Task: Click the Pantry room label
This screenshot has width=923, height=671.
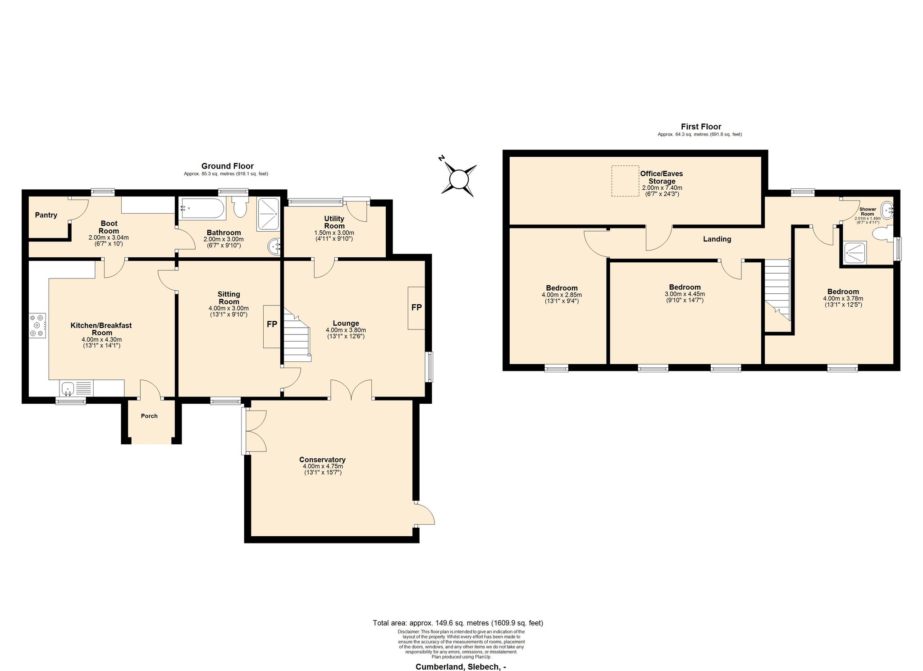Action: [46, 215]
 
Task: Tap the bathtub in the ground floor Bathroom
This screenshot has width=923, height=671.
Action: [202, 208]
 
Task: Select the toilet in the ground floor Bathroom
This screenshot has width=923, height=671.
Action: [240, 207]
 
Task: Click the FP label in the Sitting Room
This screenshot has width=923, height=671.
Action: [272, 324]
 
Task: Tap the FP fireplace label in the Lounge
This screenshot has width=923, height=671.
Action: [416, 307]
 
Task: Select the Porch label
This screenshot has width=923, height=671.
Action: [149, 416]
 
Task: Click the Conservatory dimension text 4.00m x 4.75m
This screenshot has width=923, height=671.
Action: [323, 466]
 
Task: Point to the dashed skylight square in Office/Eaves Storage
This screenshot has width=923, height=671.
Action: [625, 181]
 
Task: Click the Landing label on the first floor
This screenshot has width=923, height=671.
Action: [717, 239]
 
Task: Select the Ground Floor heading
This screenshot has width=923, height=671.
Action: [228, 166]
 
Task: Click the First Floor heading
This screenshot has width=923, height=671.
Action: [701, 127]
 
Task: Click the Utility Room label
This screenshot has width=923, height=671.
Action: [334, 222]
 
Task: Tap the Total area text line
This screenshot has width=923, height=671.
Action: [458, 623]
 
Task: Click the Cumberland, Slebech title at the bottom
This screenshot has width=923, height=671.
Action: [461, 666]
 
